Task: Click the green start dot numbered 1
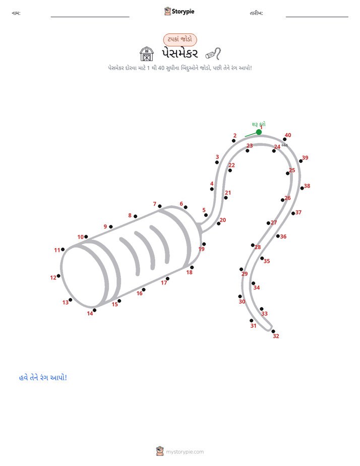coord(259,132)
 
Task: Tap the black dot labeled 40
coord(284,139)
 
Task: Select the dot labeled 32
coord(273,331)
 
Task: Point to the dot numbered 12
coord(58,276)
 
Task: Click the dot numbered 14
coord(94,310)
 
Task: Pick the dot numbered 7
coord(160,206)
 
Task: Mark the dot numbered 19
coord(204,244)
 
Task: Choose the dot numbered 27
coord(268,223)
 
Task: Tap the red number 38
coord(307,186)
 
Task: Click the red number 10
coord(81,237)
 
